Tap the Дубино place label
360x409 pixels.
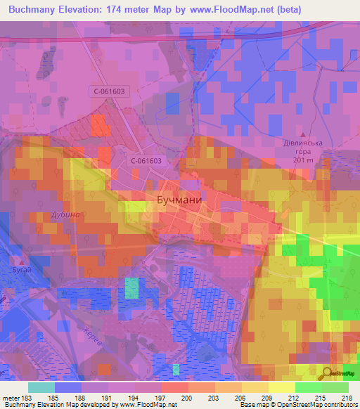[x=65, y=214]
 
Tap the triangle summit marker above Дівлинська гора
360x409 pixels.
[x=304, y=134]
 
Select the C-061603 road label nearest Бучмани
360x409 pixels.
[x=146, y=161]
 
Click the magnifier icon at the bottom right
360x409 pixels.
[x=328, y=375]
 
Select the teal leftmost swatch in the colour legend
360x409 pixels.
[x=41, y=387]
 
